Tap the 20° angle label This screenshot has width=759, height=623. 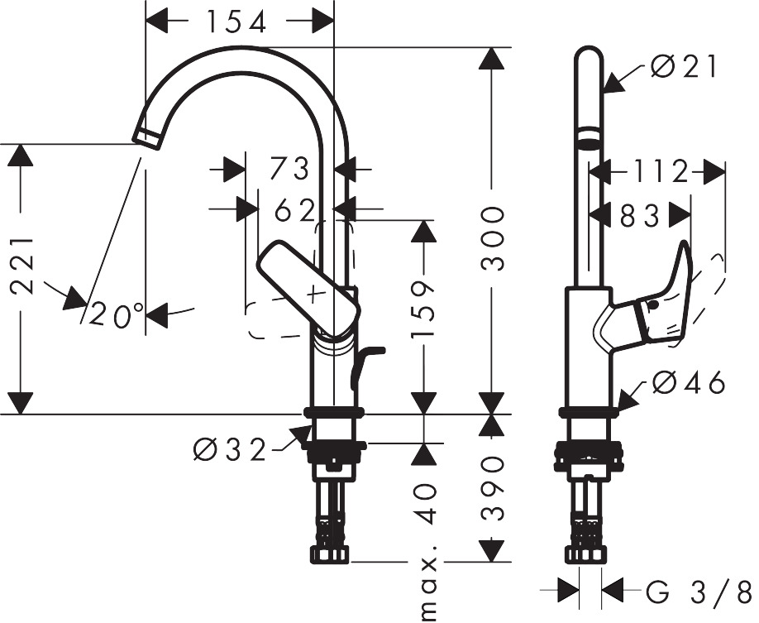(118, 315)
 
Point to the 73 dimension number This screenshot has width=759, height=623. (289, 170)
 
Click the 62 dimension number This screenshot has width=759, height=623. (294, 211)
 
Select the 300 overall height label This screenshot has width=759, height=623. (493, 240)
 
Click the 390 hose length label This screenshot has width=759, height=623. (493, 487)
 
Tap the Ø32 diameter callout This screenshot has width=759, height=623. (231, 451)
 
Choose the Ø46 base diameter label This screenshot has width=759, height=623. (688, 383)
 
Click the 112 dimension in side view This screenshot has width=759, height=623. (661, 172)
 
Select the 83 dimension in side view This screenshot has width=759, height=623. (639, 216)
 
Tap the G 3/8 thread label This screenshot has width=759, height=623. (699, 592)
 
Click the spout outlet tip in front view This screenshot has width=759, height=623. (146, 138)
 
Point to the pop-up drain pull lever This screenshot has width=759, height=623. (365, 364)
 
